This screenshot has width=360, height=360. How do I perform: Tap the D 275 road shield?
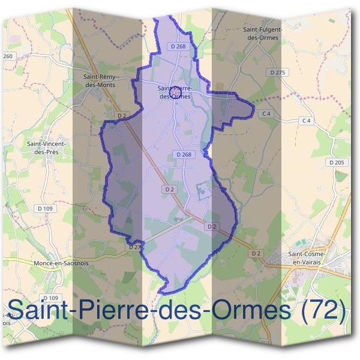[277, 72]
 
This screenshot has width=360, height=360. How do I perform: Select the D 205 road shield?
[338, 163]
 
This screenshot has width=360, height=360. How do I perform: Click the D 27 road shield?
[134, 247]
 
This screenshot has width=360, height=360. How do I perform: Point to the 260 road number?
[7, 56]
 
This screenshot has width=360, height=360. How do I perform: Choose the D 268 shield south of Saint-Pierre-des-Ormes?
[185, 154]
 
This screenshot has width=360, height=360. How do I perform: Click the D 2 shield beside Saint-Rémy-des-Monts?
[122, 115]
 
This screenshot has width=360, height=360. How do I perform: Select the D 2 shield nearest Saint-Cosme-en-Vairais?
[256, 253]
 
